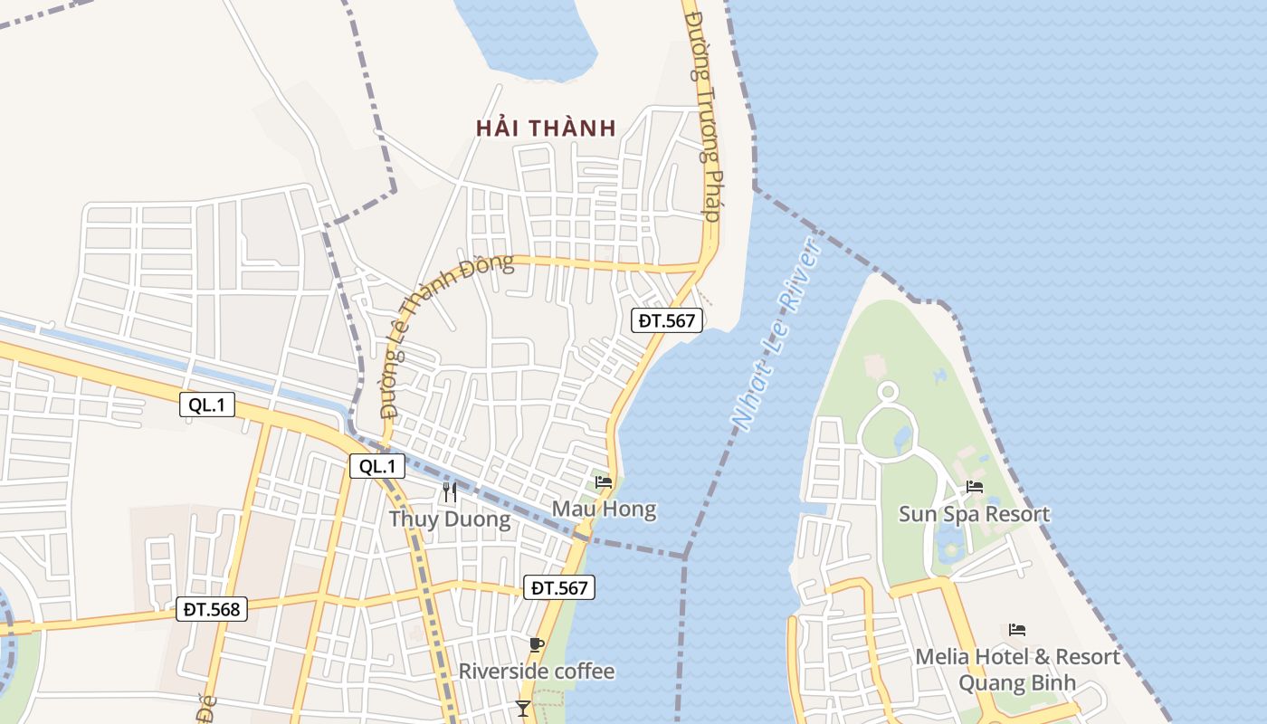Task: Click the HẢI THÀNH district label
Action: tap(546, 129)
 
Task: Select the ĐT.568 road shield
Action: tap(212, 609)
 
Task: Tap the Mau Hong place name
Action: tap(604, 510)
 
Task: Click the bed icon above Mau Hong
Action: tap(604, 482)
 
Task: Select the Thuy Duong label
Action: tap(450, 519)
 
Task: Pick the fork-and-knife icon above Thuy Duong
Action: tap(449, 492)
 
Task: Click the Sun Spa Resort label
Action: tap(974, 514)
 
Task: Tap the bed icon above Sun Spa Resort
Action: tap(975, 487)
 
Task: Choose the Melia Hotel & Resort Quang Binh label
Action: tap(1017, 669)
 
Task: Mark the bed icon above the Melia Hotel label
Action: tap(1017, 629)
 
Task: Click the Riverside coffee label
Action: tap(536, 672)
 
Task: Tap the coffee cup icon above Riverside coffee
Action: tap(536, 644)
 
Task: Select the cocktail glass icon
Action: tap(523, 708)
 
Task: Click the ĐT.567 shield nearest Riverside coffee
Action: tap(560, 587)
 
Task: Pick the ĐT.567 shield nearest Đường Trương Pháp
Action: tap(666, 319)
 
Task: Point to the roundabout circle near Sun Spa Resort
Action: tap(888, 392)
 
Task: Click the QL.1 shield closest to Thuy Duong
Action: tap(377, 466)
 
